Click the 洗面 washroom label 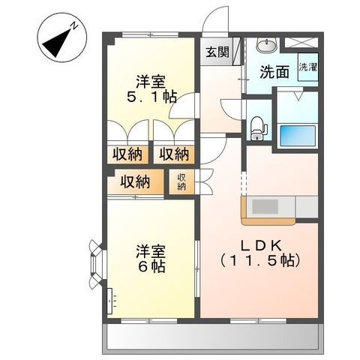tap(274, 73)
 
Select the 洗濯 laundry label tap(307, 67)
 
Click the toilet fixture tap(257, 127)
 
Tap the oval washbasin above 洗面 tap(266, 46)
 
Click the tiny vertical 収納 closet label tap(181, 181)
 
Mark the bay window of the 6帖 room tap(95, 263)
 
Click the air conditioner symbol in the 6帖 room tap(110, 302)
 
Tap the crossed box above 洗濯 tap(307, 43)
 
